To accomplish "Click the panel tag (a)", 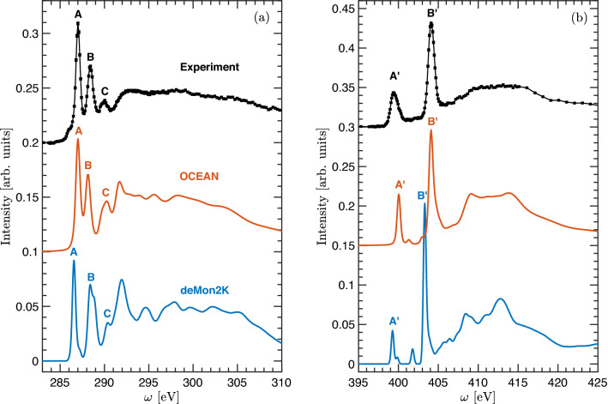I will click(x=274, y=14).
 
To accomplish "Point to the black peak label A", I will click(x=78, y=14).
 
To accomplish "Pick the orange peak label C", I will click(x=105, y=192).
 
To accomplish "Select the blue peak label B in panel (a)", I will click(x=91, y=277).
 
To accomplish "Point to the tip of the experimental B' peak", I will click(x=431, y=23).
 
